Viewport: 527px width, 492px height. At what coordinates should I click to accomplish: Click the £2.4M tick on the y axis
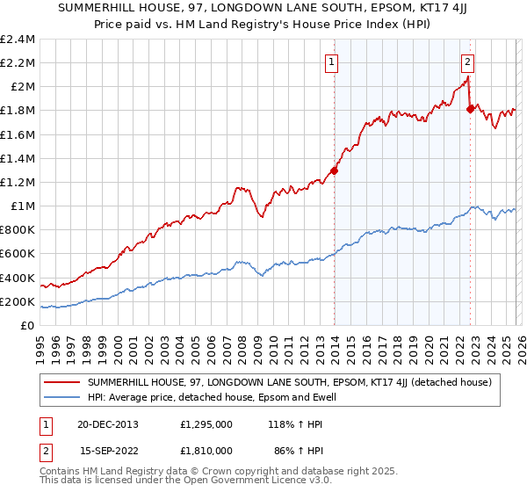click(18, 40)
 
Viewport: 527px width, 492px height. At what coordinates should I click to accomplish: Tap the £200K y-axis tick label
click(18, 301)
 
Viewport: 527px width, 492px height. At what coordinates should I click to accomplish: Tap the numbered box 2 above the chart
click(467, 61)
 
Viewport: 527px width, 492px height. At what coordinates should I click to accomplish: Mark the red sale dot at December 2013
click(335, 171)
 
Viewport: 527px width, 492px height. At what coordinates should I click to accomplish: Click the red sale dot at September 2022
click(470, 109)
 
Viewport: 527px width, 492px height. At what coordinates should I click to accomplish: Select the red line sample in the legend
click(62, 383)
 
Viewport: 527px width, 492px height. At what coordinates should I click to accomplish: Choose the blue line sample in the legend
click(62, 398)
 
